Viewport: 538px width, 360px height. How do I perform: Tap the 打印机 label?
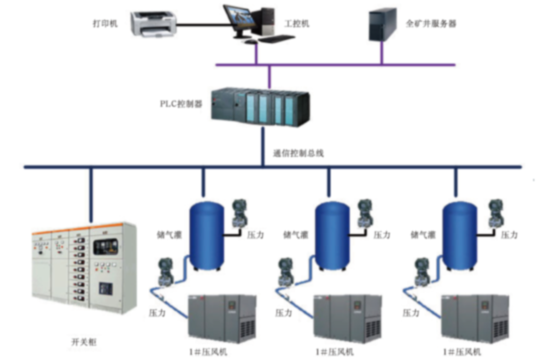click(105, 23)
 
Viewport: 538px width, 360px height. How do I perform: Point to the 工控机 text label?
click(297, 23)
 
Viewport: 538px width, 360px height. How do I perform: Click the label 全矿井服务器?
click(431, 23)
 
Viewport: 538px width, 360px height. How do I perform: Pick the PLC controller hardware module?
click(260, 107)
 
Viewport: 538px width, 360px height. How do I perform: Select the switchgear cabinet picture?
click(84, 268)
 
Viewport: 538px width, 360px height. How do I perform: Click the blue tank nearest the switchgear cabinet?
click(207, 234)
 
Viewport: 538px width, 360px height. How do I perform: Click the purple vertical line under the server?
click(382, 53)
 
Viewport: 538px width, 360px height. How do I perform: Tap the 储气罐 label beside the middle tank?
click(294, 234)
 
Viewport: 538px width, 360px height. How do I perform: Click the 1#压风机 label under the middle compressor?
click(335, 352)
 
